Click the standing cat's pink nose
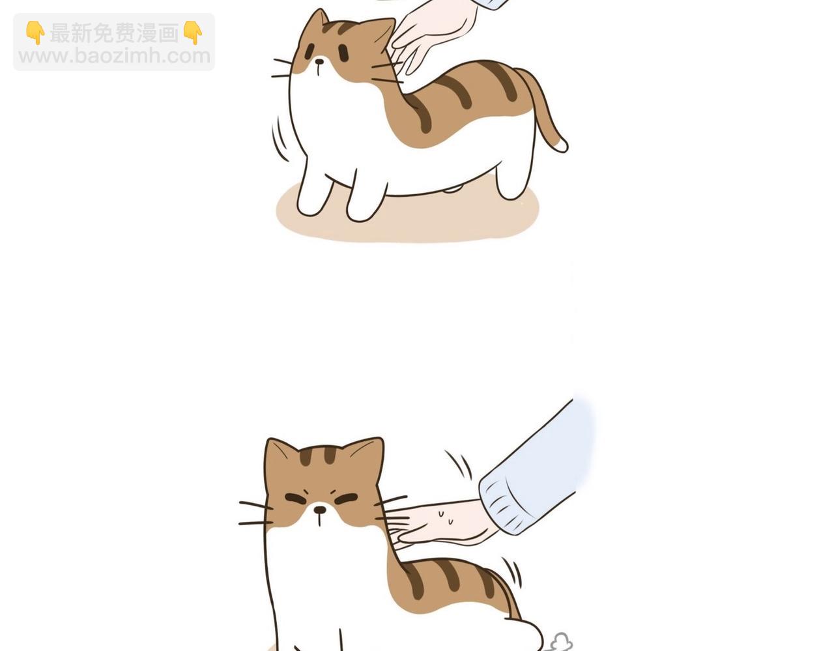point(319,61)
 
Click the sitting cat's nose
point(319,510)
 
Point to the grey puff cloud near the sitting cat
point(562,642)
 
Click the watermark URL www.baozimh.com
point(115,56)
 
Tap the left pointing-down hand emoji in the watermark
point(35,33)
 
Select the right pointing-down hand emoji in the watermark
point(192,33)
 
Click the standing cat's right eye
point(343,53)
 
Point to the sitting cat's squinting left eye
point(296,499)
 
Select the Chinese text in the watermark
point(115,33)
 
